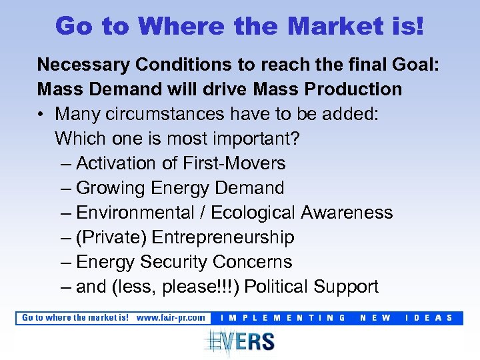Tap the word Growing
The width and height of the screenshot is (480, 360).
click(x=111, y=188)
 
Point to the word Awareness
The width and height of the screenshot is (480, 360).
click(x=347, y=213)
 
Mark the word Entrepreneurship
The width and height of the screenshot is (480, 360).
click(x=223, y=237)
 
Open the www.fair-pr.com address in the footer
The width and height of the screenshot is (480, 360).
click(x=171, y=318)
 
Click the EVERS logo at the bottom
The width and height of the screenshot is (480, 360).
click(x=240, y=341)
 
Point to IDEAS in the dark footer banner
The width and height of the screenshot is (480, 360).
click(x=429, y=318)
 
